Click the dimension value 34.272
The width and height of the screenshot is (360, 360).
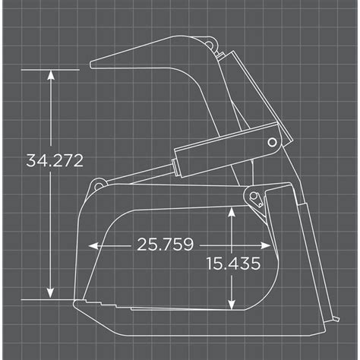[x=54, y=160]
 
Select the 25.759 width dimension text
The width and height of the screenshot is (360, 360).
[x=165, y=245]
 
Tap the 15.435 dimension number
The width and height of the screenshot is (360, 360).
[x=233, y=264]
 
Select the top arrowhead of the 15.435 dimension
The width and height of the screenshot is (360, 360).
[x=230, y=215]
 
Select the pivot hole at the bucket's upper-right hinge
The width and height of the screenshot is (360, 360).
[x=254, y=199]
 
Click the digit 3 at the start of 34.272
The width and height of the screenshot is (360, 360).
[x=30, y=160]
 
